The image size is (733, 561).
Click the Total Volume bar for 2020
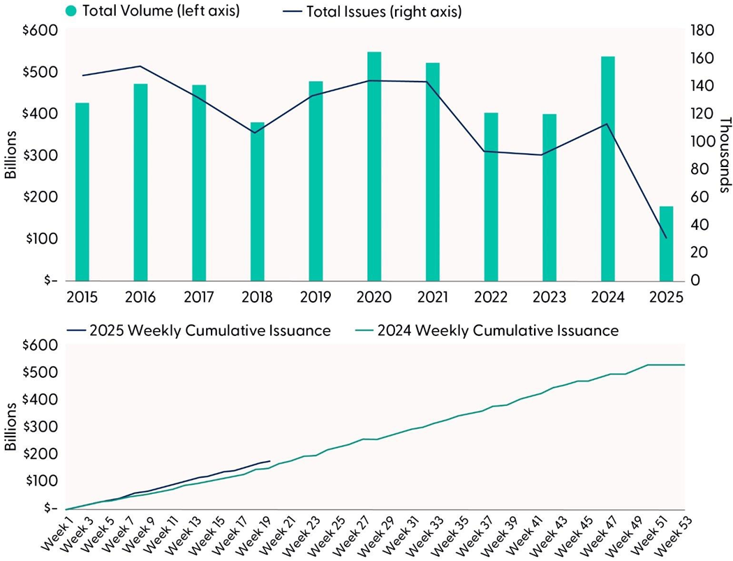pos(374,166)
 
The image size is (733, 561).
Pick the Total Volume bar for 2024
pos(608,168)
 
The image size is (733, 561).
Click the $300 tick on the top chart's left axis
pos(44,156)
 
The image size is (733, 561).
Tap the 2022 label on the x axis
pos(491,298)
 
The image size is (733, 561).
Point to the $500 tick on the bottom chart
pos(44,372)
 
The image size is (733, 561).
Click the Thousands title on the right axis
pos(723,155)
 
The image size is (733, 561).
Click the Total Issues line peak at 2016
pos(140,66)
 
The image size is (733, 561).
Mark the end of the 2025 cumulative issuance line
pos(269,461)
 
